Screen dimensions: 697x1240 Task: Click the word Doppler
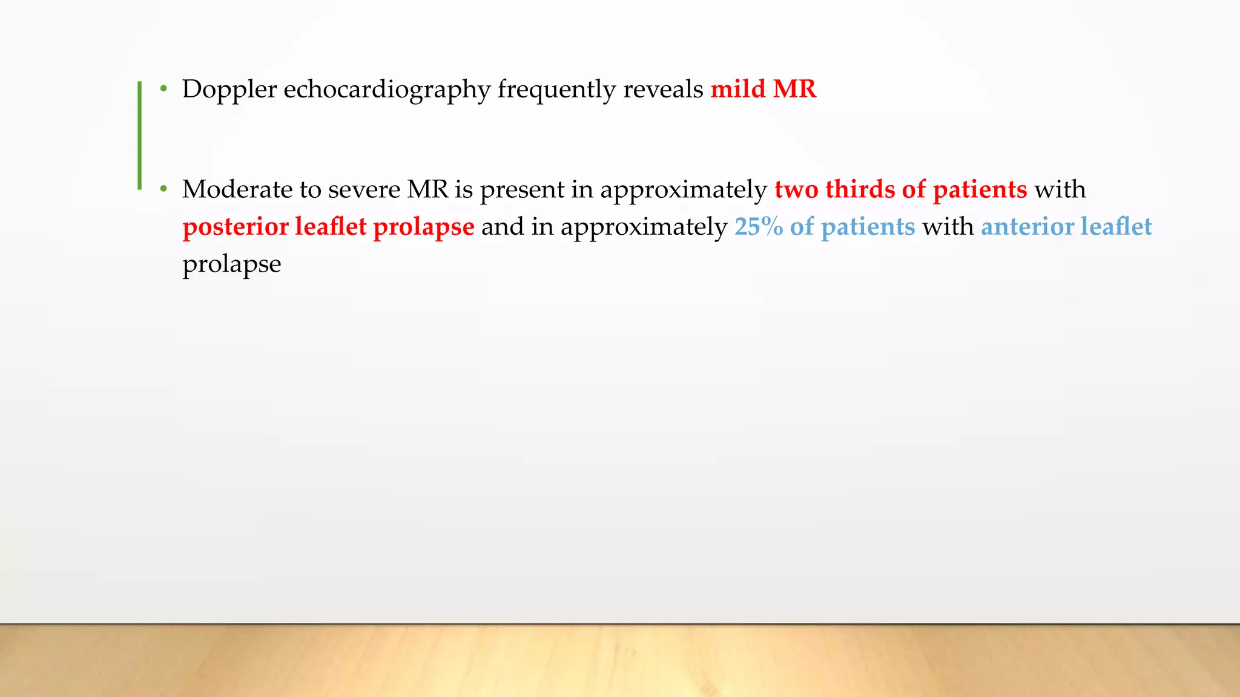(229, 90)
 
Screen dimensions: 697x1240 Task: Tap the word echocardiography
(386, 90)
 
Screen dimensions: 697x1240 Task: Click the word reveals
(663, 90)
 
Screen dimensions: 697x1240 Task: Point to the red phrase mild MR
(763, 90)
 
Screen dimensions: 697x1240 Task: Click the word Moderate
(237, 190)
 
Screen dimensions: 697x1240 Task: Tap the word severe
(364, 190)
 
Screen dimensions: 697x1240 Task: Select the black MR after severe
(427, 190)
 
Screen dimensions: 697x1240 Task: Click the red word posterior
(236, 227)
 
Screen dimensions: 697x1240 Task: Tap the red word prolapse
(423, 227)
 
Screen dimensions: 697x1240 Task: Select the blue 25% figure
(759, 227)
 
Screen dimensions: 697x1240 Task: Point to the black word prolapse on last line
(232, 264)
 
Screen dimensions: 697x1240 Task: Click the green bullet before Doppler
(163, 90)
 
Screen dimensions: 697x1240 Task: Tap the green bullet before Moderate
(163, 190)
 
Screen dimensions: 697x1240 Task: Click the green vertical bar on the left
(140, 136)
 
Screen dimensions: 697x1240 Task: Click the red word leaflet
(331, 227)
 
